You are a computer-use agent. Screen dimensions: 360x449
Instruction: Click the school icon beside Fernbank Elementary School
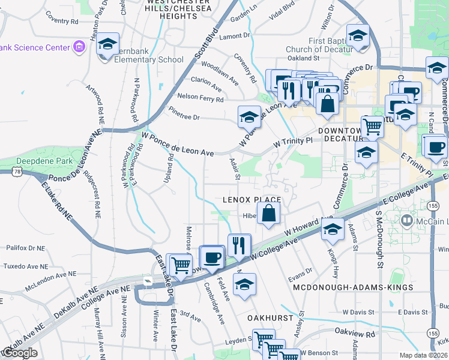click(108, 45)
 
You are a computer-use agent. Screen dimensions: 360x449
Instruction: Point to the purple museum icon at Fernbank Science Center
click(78, 47)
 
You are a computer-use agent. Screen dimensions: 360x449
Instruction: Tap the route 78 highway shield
click(4, 172)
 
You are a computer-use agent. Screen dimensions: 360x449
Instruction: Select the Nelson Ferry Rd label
click(199, 97)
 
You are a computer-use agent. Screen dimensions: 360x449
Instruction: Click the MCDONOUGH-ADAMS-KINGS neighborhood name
click(353, 288)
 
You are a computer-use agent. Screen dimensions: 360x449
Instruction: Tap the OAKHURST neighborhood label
click(270, 316)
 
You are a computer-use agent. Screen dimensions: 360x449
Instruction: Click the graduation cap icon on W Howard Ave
click(333, 230)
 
